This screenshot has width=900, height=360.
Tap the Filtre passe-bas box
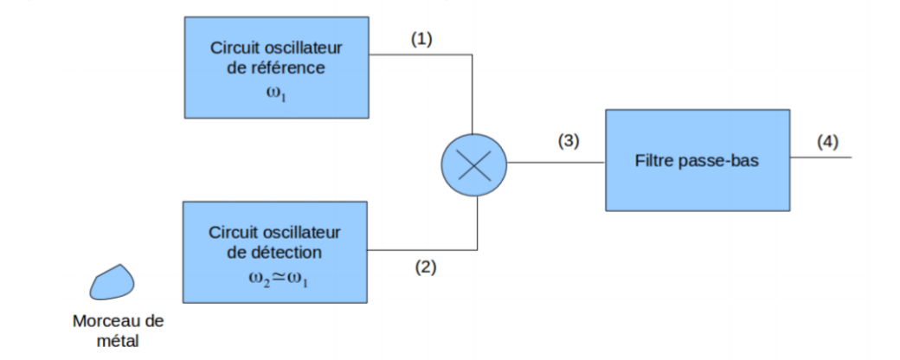point(697,160)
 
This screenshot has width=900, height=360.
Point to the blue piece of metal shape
point(113,282)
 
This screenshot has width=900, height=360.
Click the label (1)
point(421,42)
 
